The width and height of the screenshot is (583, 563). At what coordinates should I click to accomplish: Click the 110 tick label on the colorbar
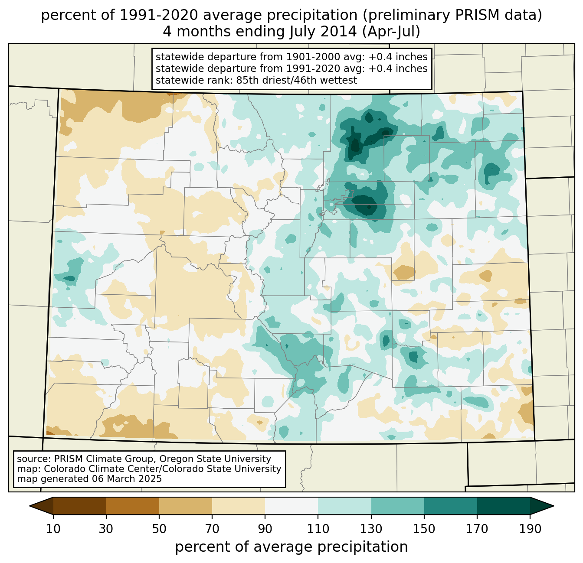coord(318,529)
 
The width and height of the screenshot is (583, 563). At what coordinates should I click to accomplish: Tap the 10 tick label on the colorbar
coord(53,529)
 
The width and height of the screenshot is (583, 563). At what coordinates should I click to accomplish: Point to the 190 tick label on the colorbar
coord(530,529)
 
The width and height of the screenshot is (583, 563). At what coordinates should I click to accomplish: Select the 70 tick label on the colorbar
coord(212,529)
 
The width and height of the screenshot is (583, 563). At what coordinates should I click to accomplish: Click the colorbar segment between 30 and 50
coord(133,506)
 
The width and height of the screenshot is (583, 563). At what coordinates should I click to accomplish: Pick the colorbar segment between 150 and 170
coord(450,506)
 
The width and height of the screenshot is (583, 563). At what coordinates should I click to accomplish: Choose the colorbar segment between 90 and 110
coord(291,506)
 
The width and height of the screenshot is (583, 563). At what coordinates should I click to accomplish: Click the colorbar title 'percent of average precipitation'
coord(291,547)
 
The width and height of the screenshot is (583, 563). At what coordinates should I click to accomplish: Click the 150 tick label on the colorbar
coord(424,529)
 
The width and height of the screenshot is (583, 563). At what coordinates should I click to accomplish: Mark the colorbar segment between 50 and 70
coord(186,506)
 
